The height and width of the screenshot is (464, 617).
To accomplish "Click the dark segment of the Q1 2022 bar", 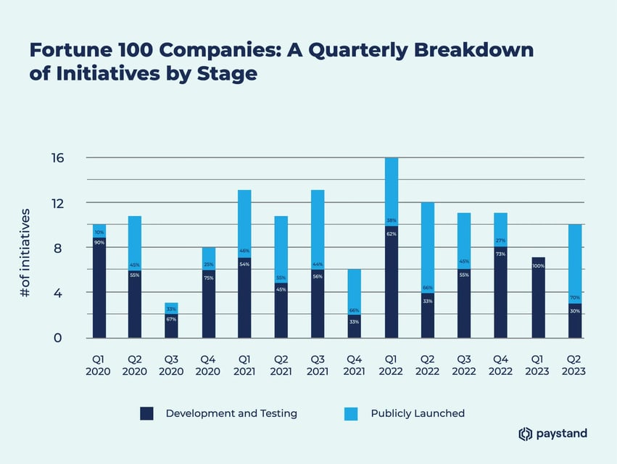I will click(392, 283).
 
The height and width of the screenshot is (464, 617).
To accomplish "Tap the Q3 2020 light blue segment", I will click(172, 308).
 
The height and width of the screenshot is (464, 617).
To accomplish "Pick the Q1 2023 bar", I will click(538, 297).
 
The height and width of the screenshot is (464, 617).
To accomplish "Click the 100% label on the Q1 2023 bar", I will click(538, 266).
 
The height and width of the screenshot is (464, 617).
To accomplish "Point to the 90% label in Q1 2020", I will click(99, 242).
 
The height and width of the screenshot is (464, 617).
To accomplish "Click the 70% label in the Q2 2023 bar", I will click(574, 297).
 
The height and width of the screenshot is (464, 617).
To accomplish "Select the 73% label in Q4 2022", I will click(501, 254).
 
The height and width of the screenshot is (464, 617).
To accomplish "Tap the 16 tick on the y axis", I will click(59, 158).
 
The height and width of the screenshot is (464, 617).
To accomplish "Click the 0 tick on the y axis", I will click(59, 338).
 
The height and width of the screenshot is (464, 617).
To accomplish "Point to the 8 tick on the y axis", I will click(59, 248).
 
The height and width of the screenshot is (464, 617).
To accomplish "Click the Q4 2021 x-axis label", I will click(355, 364).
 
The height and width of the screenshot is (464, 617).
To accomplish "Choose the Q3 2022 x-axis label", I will click(464, 364).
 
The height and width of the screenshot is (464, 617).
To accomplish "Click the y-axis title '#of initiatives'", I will click(25, 254).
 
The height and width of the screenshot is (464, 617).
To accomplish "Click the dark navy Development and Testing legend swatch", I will click(146, 413).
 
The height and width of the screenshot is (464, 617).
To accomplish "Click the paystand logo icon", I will click(526, 434).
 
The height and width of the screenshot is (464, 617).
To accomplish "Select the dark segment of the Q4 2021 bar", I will click(355, 326).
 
